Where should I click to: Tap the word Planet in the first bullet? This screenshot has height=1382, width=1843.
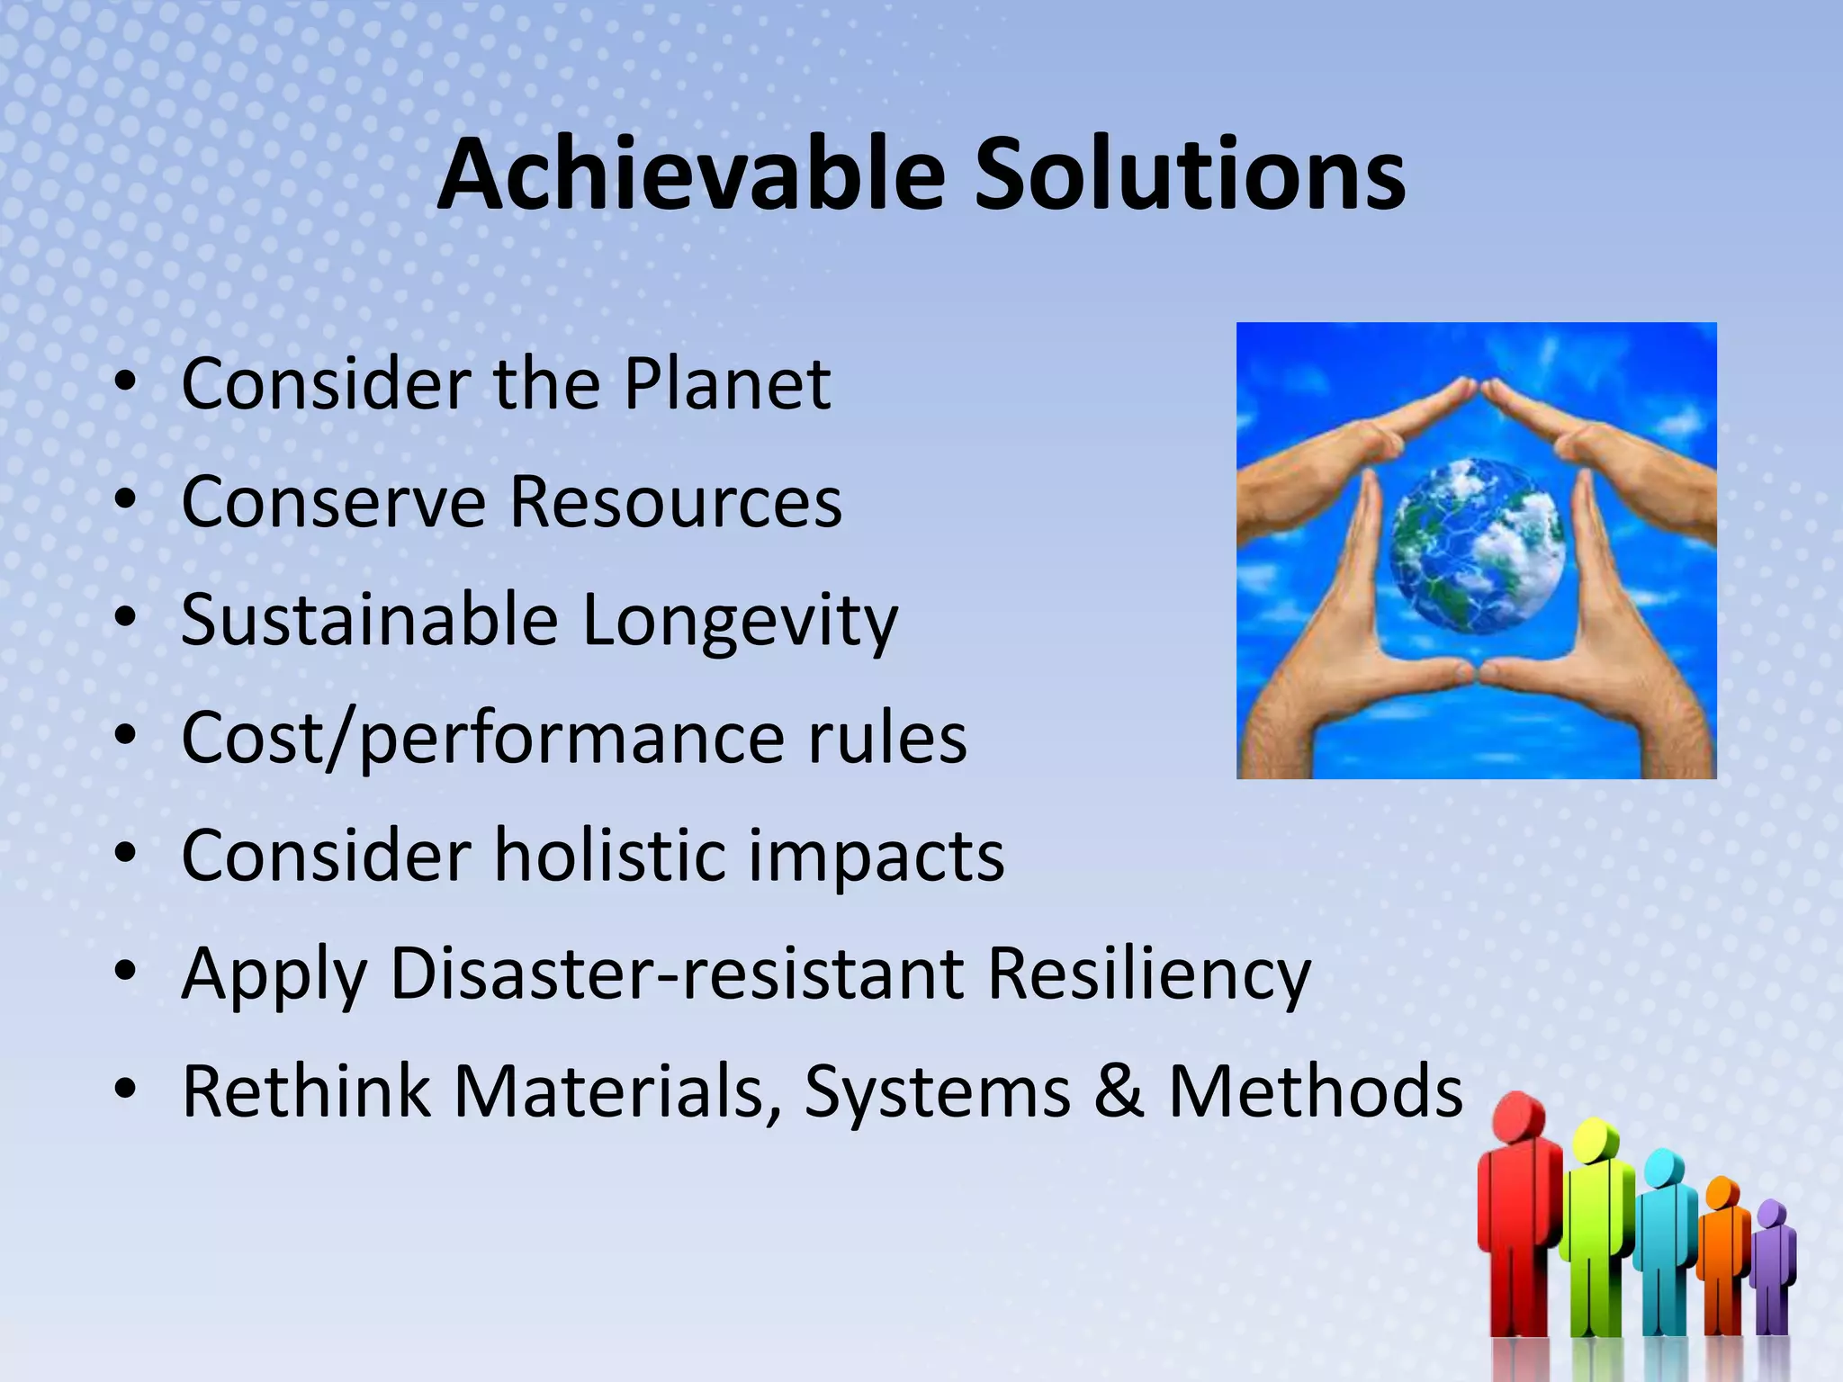click(727, 384)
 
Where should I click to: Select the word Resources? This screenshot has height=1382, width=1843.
click(675, 502)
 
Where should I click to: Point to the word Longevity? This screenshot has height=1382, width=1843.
click(740, 621)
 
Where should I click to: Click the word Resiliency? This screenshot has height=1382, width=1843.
click(1149, 975)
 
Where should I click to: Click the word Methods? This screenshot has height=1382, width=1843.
click(1315, 1091)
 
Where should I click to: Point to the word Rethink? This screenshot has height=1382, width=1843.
click(306, 1091)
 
